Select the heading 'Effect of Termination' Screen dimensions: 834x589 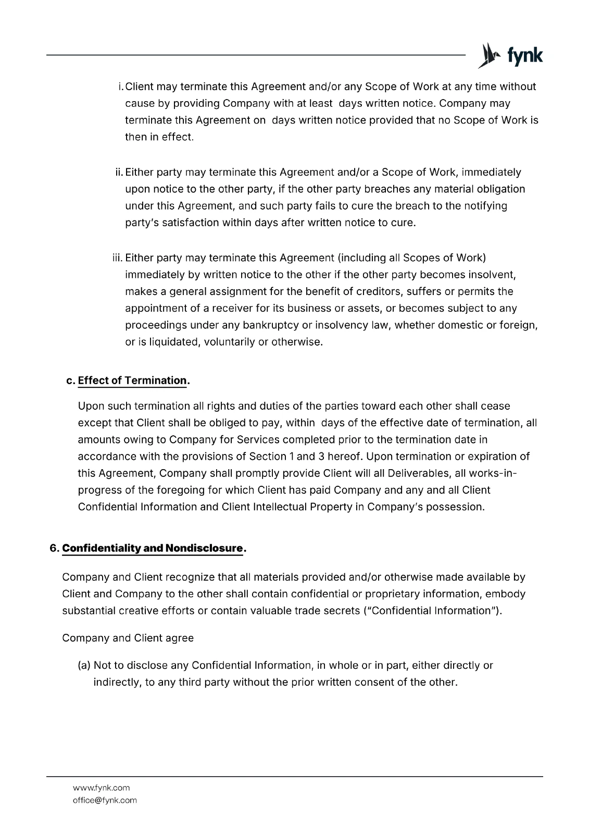(x=132, y=381)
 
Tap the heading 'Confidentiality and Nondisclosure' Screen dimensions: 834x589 (x=153, y=548)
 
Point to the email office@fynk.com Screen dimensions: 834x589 (x=105, y=800)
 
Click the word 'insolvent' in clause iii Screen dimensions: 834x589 (x=494, y=275)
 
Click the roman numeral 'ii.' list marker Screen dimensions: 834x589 (x=119, y=173)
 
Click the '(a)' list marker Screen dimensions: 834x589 (x=84, y=666)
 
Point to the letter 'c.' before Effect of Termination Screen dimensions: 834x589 (x=71, y=381)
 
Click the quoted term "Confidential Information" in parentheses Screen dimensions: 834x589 (x=432, y=611)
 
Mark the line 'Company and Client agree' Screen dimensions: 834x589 (x=128, y=638)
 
